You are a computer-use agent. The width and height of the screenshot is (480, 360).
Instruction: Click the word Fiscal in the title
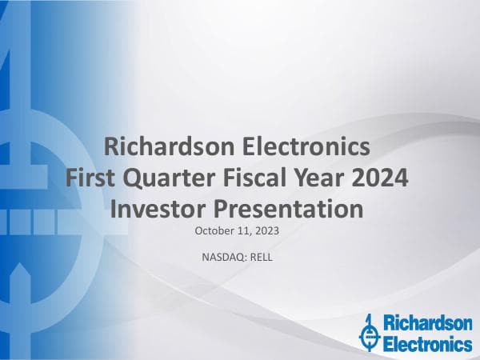point(261,178)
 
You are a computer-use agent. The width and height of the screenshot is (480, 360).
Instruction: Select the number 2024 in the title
point(383,178)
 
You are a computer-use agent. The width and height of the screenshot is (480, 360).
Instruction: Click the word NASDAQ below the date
point(226,258)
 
